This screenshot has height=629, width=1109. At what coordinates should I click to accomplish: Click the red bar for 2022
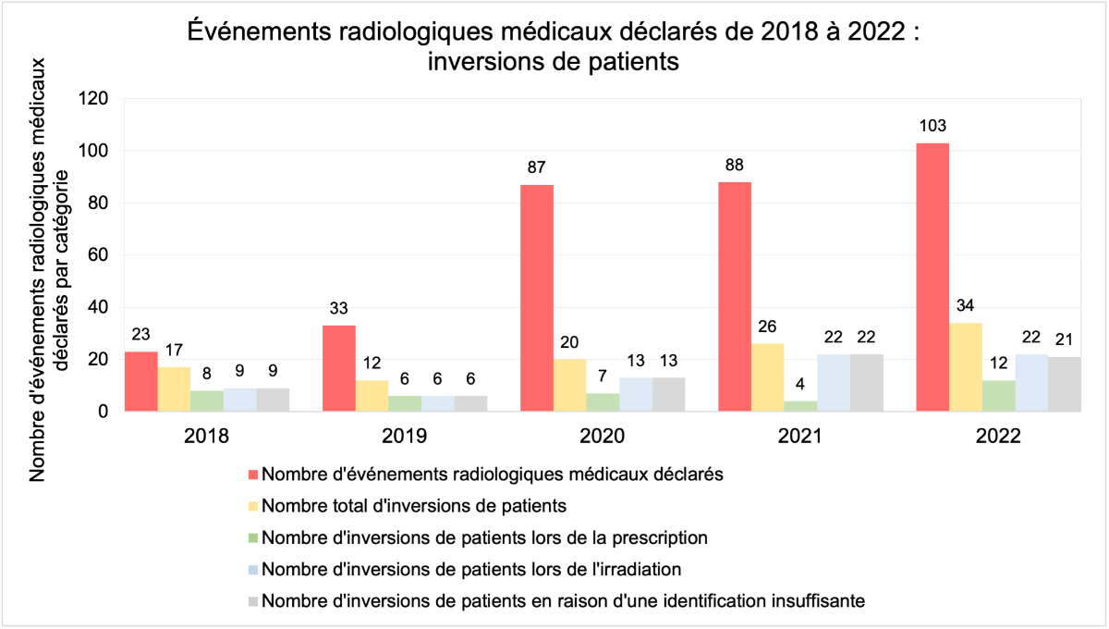pos(932,277)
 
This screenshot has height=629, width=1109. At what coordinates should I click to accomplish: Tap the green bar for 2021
pos(799,406)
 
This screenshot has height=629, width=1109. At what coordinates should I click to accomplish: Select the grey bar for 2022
pos(1064,384)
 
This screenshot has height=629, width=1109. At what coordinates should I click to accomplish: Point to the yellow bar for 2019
pos(372,396)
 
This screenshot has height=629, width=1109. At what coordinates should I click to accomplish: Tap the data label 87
pos(537,168)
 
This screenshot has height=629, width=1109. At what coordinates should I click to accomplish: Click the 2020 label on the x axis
pos(602,436)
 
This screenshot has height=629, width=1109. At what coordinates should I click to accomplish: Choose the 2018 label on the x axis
pos(206,436)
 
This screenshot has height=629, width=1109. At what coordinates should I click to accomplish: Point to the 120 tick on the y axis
pos(95,98)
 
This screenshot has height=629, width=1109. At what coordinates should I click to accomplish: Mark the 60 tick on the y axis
pos(99,255)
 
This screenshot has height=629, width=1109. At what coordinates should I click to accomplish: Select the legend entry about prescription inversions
pos(484,537)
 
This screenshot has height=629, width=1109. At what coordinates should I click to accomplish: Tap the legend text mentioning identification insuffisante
pos(563,600)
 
